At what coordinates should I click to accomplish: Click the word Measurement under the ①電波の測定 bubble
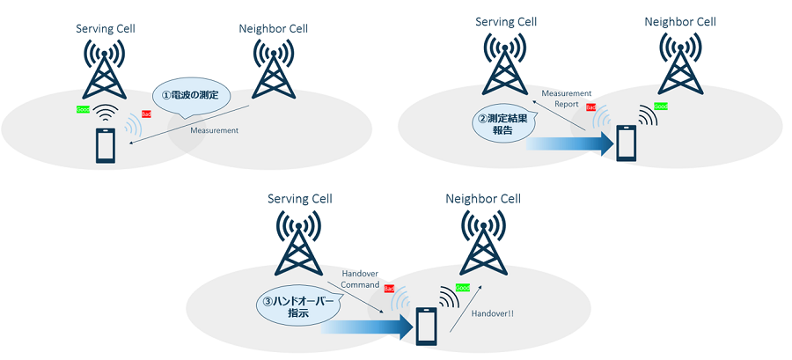point(214,130)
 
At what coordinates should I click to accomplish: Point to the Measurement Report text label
point(560,98)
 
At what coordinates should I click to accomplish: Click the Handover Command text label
point(360,279)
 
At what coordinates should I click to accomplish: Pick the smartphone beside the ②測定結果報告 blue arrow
point(626,143)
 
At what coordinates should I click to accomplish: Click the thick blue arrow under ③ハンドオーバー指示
point(365,327)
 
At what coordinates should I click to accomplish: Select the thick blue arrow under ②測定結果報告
point(568,142)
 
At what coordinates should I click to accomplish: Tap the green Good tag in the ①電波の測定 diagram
point(83,110)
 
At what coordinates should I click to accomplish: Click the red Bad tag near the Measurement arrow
point(147,114)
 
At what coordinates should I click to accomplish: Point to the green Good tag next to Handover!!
point(462,288)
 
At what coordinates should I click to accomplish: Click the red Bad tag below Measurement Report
point(591,107)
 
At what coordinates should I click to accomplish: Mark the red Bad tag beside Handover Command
point(389,289)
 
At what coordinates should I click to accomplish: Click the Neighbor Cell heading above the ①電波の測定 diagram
point(275,29)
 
